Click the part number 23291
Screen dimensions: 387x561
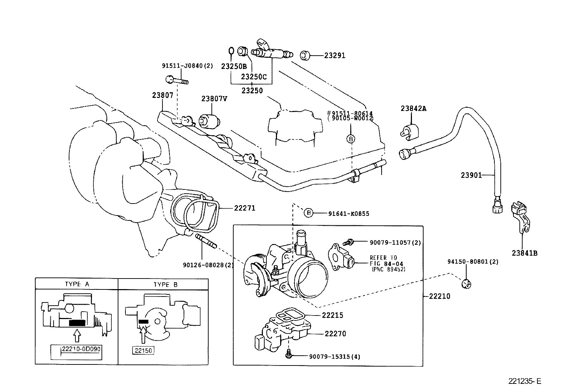334,55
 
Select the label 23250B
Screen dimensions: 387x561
234,66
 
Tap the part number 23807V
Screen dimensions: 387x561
214,99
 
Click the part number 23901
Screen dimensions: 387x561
471,175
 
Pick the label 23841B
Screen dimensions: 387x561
525,252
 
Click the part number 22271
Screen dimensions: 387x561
245,208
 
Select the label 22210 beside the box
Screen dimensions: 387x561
439,296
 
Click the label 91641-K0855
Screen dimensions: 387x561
349,213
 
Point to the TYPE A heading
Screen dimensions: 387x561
77,285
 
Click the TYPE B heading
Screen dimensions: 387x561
166,285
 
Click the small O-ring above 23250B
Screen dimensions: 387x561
231,51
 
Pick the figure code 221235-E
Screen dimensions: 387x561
524,381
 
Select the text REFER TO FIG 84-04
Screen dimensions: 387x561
386,261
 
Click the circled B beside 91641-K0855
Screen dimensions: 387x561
308,213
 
